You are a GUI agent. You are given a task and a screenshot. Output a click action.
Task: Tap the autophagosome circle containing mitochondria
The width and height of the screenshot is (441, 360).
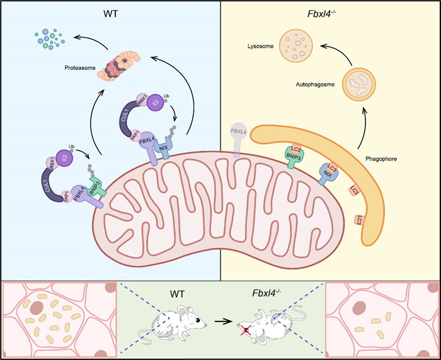coord(362,86)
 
